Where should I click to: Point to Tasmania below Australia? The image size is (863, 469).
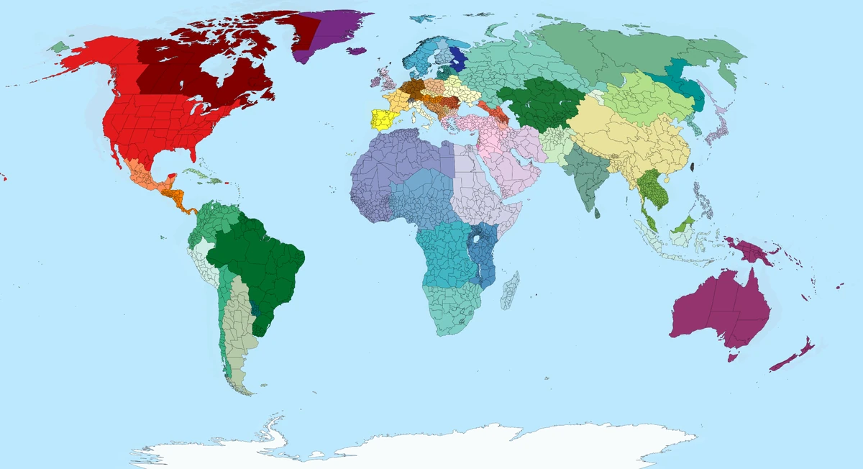pos(734,355)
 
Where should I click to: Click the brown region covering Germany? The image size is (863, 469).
pos(412,89)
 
